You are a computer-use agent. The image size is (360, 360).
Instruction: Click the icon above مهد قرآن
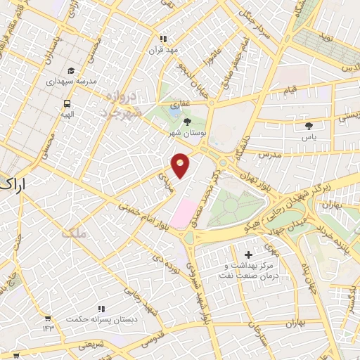[x=163, y=39]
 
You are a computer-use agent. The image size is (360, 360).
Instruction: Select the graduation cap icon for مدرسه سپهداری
[x=70, y=71]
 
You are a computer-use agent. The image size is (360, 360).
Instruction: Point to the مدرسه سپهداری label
[x=70, y=82]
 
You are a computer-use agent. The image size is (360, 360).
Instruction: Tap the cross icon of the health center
[x=247, y=254]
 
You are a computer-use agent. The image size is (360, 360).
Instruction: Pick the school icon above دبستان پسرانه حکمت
[x=101, y=308]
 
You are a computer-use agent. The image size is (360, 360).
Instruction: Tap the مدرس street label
[x=269, y=153]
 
